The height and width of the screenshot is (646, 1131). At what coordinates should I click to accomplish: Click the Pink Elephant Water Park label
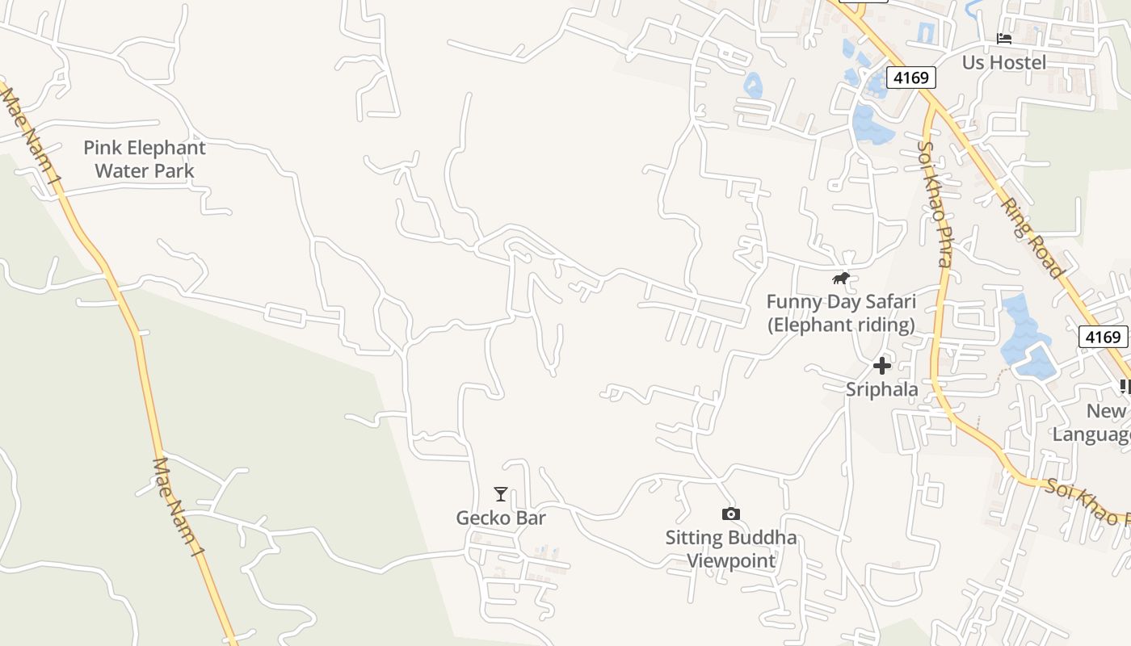(x=145, y=159)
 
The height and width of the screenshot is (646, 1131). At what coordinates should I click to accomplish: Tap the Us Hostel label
(x=1003, y=62)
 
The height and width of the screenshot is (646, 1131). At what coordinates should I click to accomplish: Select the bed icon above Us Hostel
(x=1004, y=38)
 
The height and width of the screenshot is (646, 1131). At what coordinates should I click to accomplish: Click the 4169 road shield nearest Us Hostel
(x=911, y=78)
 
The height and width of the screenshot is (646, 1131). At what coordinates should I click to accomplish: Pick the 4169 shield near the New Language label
(x=1103, y=337)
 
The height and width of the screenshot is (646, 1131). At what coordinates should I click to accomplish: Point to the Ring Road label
(x=1032, y=237)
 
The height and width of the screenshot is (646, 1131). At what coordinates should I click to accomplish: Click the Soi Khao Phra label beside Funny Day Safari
(x=935, y=203)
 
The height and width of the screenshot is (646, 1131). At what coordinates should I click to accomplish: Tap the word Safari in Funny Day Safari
(x=886, y=302)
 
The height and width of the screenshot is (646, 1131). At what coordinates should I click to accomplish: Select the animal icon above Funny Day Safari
(x=841, y=279)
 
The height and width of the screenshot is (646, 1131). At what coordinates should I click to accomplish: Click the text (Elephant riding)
(x=840, y=325)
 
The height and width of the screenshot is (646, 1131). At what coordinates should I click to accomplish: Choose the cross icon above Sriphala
(x=881, y=366)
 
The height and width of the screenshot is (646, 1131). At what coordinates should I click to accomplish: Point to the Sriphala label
(x=881, y=389)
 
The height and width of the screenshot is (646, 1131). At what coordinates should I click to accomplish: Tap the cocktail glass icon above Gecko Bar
(x=501, y=494)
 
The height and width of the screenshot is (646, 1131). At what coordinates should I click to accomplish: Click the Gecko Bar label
(x=501, y=518)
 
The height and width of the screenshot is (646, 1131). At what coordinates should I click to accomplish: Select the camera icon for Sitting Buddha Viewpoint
(x=730, y=514)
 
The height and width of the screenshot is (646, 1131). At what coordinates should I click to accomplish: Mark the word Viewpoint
(x=731, y=560)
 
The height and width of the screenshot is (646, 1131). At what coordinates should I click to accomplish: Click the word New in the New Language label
(x=1105, y=411)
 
